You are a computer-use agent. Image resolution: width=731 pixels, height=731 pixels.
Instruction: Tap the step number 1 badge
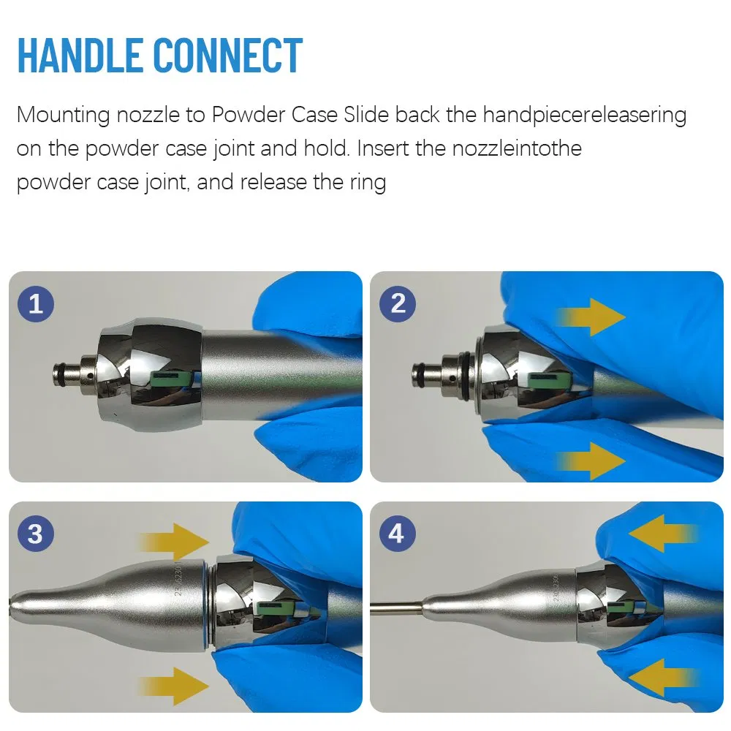[x=35, y=303]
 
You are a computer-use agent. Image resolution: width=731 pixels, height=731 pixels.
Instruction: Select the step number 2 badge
[x=398, y=303]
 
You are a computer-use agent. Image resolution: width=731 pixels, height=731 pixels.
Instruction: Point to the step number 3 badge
[x=35, y=534]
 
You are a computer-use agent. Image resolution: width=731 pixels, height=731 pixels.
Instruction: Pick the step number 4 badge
[x=396, y=534]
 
